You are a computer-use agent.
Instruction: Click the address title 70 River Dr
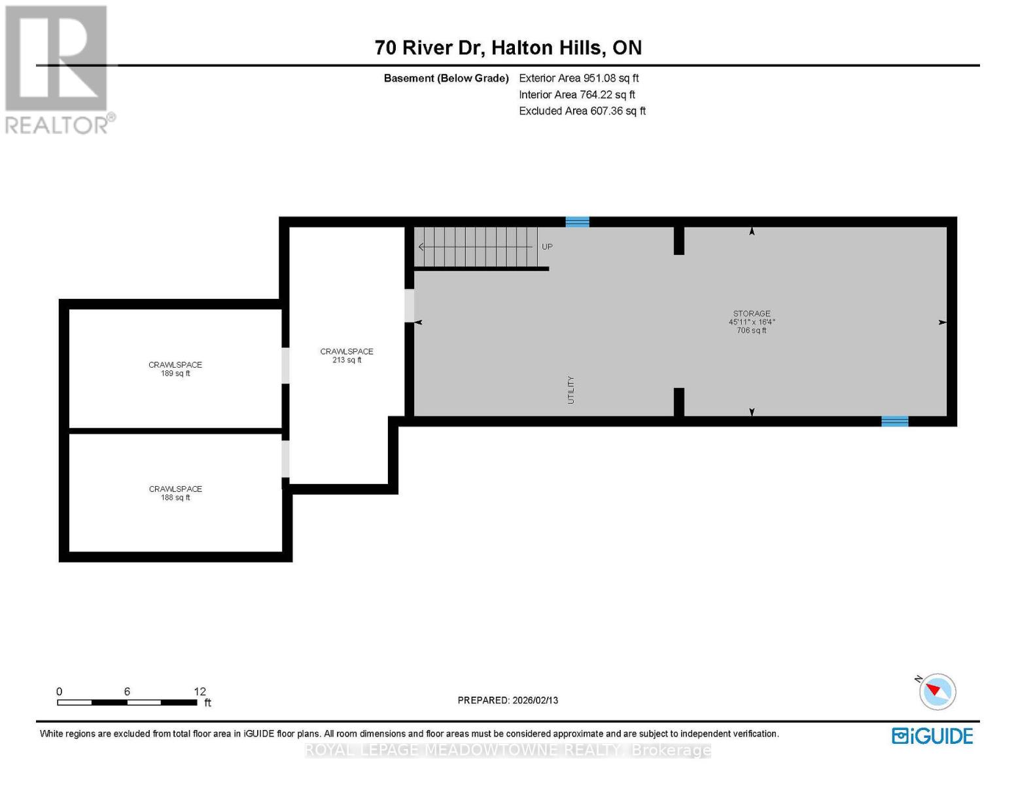(x=508, y=48)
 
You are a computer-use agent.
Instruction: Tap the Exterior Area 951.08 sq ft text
(x=578, y=78)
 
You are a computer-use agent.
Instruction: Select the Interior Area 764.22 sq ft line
(x=576, y=94)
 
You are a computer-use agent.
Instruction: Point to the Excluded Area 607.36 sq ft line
(x=582, y=111)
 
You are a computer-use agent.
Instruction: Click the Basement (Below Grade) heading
(x=446, y=78)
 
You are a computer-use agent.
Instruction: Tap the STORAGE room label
(x=751, y=313)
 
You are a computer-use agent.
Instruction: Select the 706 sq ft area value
(x=751, y=330)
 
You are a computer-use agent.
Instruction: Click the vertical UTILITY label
(x=570, y=389)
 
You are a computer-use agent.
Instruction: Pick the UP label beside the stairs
(x=547, y=247)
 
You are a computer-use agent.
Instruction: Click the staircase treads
(x=476, y=247)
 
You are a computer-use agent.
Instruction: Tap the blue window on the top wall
(x=577, y=222)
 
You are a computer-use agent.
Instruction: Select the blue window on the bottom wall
(x=894, y=421)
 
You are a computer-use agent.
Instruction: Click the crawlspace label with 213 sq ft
(x=346, y=355)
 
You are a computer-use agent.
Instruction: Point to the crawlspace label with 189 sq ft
(x=175, y=369)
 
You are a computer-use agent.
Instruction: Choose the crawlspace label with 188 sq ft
(x=175, y=493)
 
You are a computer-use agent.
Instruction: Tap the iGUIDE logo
(x=932, y=736)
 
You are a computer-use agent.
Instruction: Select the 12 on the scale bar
(x=200, y=691)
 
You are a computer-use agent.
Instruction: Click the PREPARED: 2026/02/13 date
(x=508, y=700)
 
